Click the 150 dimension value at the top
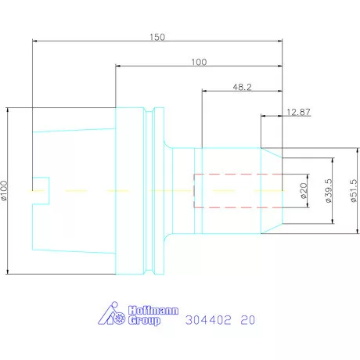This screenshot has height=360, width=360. tap(157, 37)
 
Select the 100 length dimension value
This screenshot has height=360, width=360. tap(199, 62)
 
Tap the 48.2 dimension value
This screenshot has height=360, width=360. tap(242, 87)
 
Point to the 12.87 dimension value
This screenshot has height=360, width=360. tap(298, 112)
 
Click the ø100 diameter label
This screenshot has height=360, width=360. tap(4, 190)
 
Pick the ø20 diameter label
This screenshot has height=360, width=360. tap(304, 191)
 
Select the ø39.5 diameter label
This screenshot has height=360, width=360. tap(329, 190)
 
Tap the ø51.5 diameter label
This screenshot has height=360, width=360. tap(353, 190)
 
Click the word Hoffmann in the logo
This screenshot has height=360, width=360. tap(153, 311)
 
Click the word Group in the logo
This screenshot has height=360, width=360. tap(144, 320)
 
